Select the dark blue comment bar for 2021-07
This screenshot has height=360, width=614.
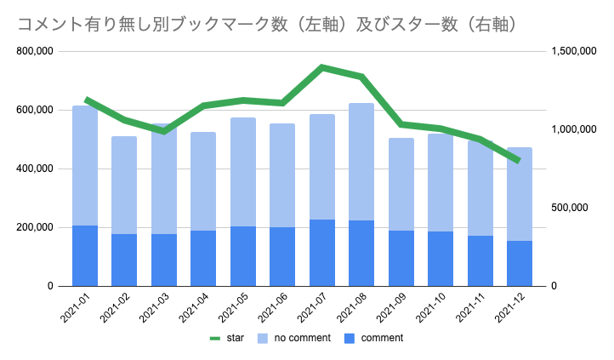click(321, 253)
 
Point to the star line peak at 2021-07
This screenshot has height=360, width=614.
click(321, 66)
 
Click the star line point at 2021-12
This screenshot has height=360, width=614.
click(520, 161)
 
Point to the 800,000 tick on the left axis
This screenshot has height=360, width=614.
click(35, 51)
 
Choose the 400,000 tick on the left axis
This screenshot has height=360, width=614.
click(35, 169)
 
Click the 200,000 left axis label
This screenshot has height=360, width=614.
click(35, 227)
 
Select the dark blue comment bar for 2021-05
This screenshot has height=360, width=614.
click(242, 255)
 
